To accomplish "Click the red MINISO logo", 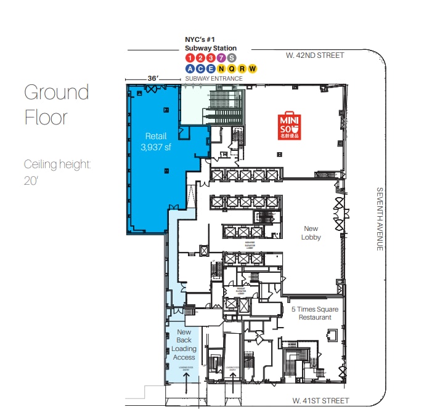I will [x=290, y=127].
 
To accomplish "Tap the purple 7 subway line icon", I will [x=221, y=58].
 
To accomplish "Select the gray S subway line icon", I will [x=231, y=58].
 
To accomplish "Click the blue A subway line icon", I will [x=190, y=68].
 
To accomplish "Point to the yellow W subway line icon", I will [x=252, y=68].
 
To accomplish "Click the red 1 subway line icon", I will [x=190, y=58].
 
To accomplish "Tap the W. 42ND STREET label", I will [x=315, y=55].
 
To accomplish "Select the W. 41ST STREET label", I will [x=320, y=401].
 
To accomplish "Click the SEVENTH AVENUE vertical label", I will [x=380, y=219].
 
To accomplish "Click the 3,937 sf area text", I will [x=156, y=147].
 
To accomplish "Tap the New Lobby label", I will [x=311, y=233].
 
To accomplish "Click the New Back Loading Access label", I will [x=184, y=345].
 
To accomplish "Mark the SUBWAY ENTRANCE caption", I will [x=214, y=79].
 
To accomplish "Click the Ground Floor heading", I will [x=56, y=104].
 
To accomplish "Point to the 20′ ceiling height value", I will [x=31, y=182].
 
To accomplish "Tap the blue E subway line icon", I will [x=211, y=68].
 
